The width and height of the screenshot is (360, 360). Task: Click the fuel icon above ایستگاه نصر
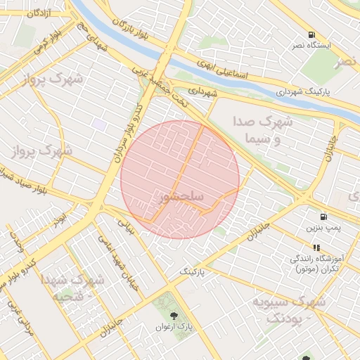(311, 34)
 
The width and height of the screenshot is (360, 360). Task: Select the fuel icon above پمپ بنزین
(323, 217)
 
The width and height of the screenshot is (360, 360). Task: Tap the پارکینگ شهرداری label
(313, 91)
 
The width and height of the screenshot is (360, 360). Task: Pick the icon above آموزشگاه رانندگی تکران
(316, 247)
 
